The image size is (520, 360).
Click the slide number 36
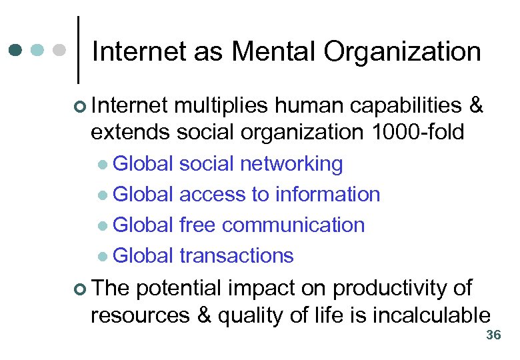(493, 335)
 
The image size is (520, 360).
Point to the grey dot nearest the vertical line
(59, 49)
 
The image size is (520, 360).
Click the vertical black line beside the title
(79, 49)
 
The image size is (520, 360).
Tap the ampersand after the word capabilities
(476, 105)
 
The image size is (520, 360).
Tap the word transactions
(237, 255)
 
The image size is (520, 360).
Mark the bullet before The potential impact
(81, 289)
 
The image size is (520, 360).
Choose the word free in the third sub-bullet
(198, 225)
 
